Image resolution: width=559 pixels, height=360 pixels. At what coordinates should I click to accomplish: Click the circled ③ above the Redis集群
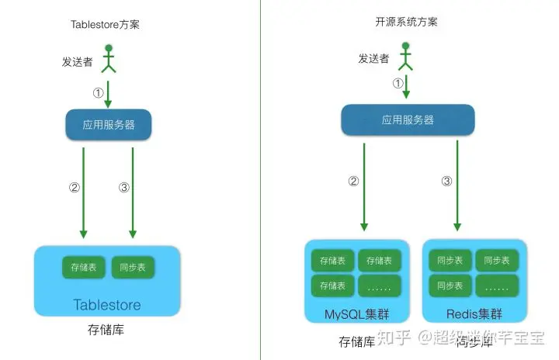click(x=446, y=182)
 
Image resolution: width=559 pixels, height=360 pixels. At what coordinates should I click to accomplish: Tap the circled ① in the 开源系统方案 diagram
click(x=398, y=83)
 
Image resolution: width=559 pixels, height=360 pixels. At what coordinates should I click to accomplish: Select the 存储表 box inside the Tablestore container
click(x=84, y=268)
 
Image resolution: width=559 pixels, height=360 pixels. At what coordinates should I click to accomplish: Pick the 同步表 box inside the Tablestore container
click(x=133, y=268)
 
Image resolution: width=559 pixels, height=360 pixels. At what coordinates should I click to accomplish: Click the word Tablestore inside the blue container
click(x=107, y=304)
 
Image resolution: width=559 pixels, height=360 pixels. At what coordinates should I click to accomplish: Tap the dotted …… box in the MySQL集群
click(x=380, y=286)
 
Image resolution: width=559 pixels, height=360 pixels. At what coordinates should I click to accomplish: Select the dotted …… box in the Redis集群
click(x=498, y=286)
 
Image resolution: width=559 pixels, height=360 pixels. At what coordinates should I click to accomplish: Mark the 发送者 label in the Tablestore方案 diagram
click(x=78, y=61)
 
